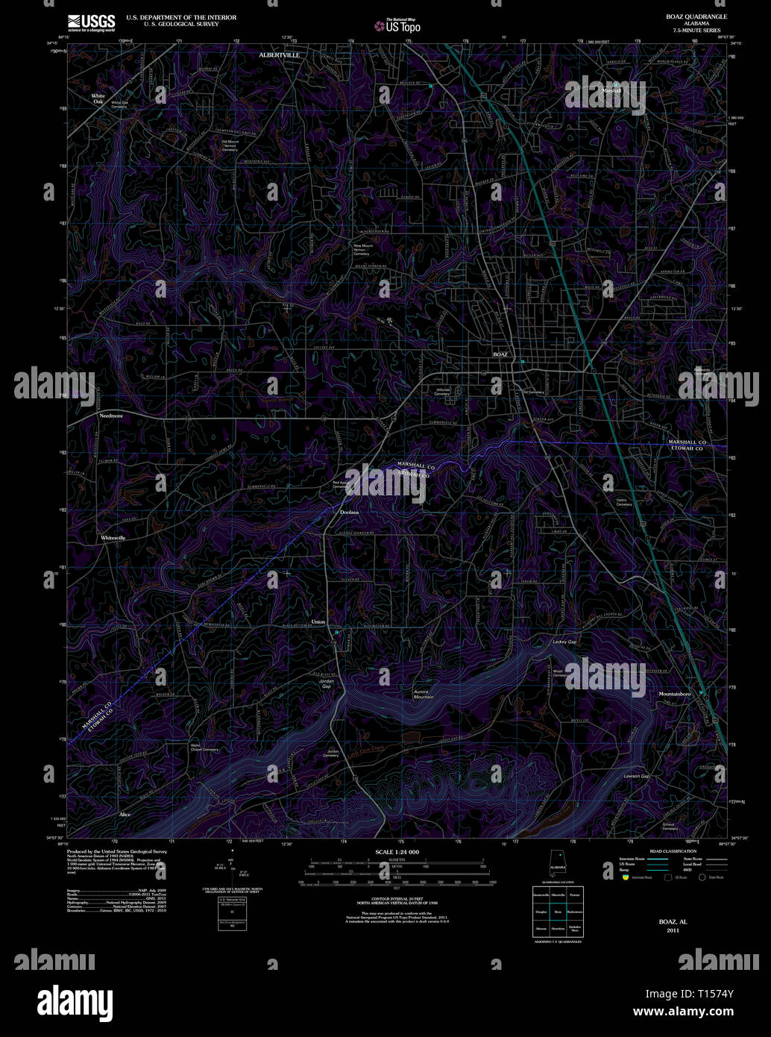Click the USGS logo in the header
(91, 22)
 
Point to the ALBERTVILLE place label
(279, 55)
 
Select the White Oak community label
(98, 98)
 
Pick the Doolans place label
(349, 513)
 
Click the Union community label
(318, 621)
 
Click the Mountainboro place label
(675, 694)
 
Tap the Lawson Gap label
(637, 777)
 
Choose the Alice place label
(125, 815)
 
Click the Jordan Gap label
(326, 683)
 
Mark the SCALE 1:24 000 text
(397, 851)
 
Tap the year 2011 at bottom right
(673, 930)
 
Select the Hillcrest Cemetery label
(444, 391)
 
